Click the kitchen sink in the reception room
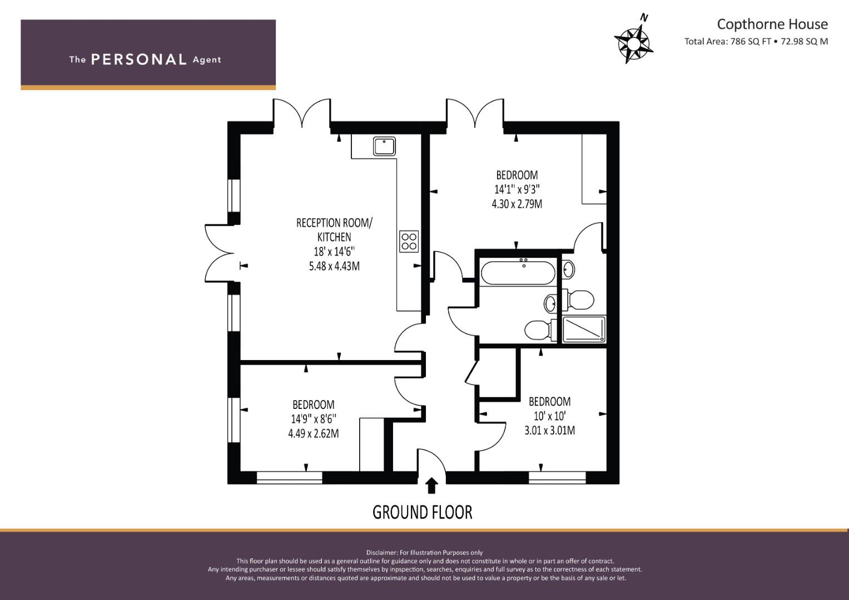click(384, 146)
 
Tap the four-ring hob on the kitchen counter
click(409, 241)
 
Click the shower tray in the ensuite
click(584, 329)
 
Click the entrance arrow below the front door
click(431, 486)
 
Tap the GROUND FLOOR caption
click(422, 512)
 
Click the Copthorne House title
click(772, 24)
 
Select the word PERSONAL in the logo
click(139, 59)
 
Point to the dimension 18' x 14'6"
click(334, 251)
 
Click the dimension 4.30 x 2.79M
click(517, 204)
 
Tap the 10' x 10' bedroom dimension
click(549, 416)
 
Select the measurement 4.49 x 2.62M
click(314, 433)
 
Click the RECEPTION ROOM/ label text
click(334, 223)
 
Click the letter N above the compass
click(644, 17)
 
